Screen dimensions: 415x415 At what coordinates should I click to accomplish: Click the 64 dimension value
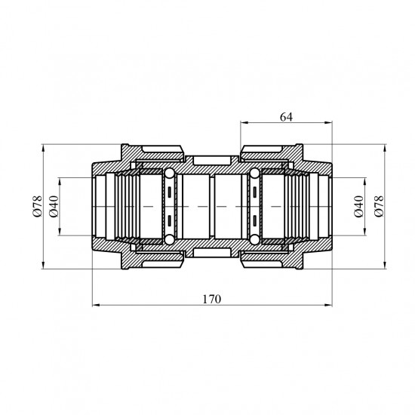tap(287, 117)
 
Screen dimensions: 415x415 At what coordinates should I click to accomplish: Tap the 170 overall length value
tap(212, 299)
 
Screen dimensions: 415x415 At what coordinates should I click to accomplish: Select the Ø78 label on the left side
tap(37, 207)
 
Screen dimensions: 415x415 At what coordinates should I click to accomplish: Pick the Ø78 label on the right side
tap(379, 207)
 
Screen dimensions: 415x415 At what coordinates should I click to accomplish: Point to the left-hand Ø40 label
tap(54, 207)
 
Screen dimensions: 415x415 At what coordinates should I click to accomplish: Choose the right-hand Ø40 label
tap(359, 207)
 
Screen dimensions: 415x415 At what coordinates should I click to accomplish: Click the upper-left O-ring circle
tap(169, 174)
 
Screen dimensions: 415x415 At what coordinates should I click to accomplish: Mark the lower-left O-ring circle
tap(169, 239)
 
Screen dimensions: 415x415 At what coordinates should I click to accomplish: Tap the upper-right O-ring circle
tap(254, 174)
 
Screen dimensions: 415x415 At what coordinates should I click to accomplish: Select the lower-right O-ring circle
tap(254, 239)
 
